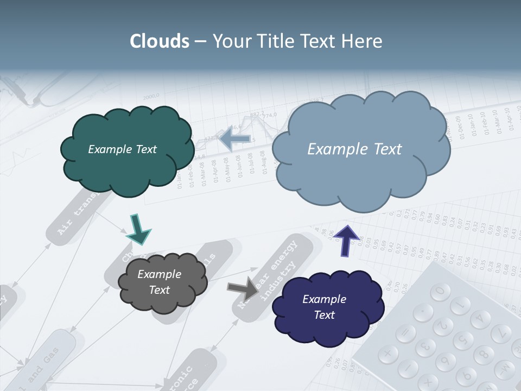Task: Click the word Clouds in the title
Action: point(159,41)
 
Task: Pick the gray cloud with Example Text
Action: point(162,282)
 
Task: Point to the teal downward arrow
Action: point(138,229)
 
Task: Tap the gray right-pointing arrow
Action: point(243,288)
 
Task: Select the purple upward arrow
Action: point(347,239)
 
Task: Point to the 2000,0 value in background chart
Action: point(153,97)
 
